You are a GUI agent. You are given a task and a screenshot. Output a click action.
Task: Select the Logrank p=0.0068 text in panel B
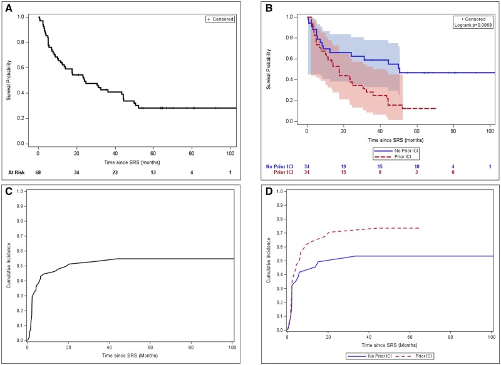pos(473,25)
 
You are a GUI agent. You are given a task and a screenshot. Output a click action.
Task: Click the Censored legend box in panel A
pos(220,19)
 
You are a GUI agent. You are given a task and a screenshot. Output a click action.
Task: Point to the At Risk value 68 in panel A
pos(39,172)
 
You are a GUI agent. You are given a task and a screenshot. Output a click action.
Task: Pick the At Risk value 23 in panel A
pos(115,172)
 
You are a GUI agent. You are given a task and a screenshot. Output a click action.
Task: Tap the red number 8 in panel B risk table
pos(380,172)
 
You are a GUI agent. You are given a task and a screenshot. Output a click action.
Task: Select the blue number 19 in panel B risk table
pos(343,167)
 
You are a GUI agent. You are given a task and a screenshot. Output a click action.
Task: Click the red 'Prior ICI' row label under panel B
pos(283,172)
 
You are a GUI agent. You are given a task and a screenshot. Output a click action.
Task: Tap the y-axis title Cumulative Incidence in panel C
pos(9,266)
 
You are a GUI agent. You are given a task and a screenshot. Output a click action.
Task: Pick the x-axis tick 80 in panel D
pos(451,337)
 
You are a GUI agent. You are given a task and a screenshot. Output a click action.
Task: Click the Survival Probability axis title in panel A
pos(9,80)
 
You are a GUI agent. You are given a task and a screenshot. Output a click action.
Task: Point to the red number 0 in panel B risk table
pos(453,172)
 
